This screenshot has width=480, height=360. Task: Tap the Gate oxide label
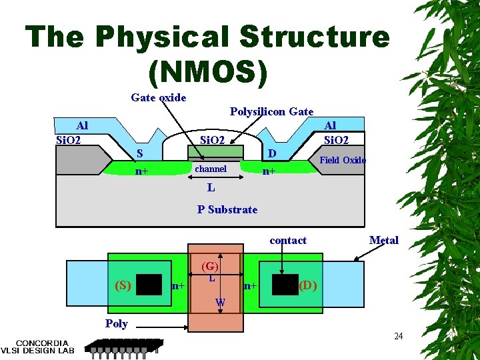click(159, 98)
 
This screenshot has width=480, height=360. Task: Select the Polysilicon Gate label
click(271, 111)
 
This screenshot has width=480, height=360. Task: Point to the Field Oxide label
click(343, 160)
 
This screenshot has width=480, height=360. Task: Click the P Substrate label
click(227, 209)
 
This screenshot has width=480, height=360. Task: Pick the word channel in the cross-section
click(211, 169)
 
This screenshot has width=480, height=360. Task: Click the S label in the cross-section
click(139, 153)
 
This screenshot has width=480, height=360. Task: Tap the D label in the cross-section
click(271, 154)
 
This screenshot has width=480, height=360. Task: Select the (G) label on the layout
click(210, 266)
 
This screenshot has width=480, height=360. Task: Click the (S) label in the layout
click(122, 285)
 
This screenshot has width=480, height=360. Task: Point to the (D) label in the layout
click(307, 285)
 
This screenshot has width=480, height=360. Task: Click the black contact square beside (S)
click(149, 285)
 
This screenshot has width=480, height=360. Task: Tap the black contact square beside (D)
click(285, 285)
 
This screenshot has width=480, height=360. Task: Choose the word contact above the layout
click(288, 240)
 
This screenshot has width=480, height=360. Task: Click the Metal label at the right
click(383, 240)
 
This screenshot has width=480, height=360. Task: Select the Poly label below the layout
click(116, 323)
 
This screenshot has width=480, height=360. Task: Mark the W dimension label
click(220, 303)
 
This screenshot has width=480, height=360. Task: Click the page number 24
click(398, 336)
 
